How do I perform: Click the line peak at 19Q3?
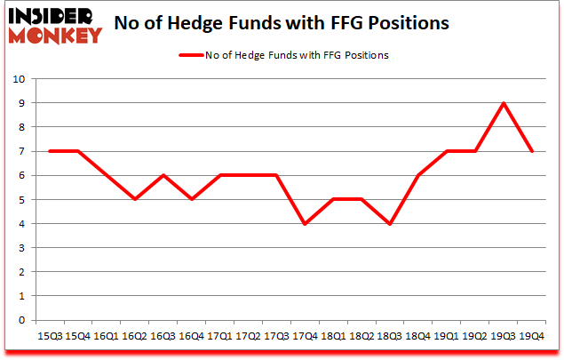tap(504, 103)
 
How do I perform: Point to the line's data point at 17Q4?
tap(305, 223)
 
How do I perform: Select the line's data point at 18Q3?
tap(390, 223)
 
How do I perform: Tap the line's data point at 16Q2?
tap(135, 199)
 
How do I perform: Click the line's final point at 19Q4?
tap(532, 151)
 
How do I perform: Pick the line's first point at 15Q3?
tap(50, 151)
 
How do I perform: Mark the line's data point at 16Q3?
tap(163, 175)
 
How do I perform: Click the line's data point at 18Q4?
tap(418, 175)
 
